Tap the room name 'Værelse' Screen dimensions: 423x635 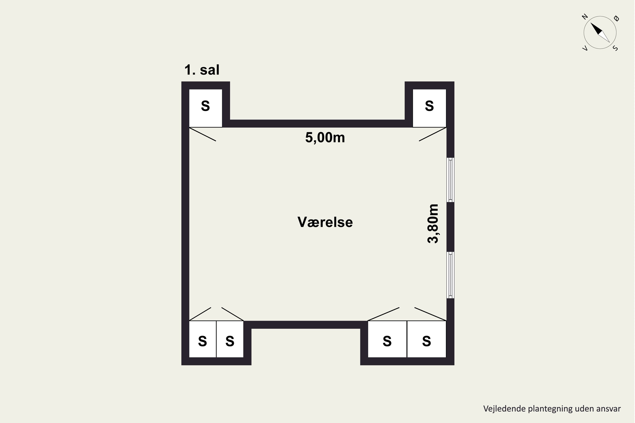point(325,222)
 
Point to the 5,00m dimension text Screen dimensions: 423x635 point(325,138)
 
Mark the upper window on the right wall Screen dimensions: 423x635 point(450,180)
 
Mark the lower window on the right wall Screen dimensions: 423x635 point(450,275)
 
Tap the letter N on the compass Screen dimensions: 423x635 point(585,17)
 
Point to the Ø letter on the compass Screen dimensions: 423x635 point(616,18)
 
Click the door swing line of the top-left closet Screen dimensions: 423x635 point(203,134)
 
